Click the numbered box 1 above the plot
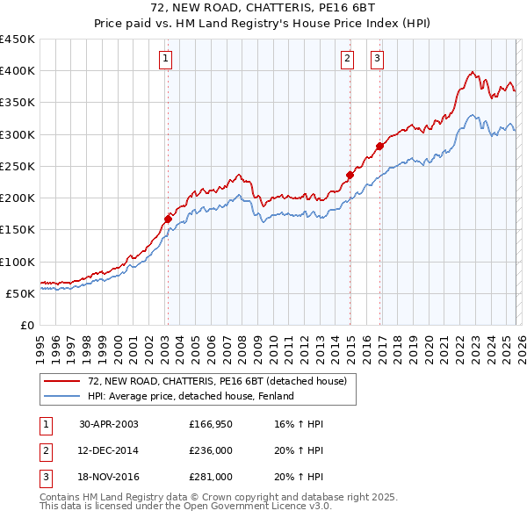[166, 59]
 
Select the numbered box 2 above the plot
[347, 59]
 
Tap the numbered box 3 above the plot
[377, 59]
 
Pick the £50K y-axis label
[21, 293]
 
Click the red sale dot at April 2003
[168, 219]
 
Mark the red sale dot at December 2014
[350, 175]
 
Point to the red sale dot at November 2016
[379, 147]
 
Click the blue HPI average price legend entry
[190, 396]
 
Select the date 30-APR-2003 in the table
[108, 424]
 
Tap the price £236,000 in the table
[211, 450]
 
